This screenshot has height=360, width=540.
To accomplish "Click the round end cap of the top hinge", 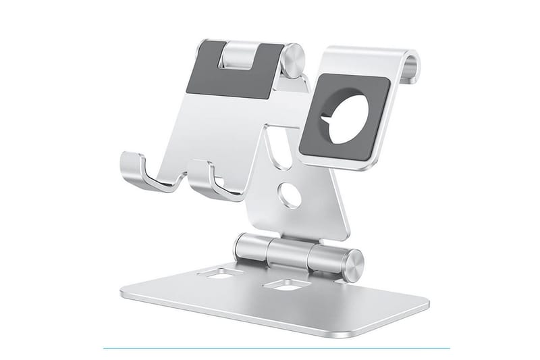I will click(x=293, y=59).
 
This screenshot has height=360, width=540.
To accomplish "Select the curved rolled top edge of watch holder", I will click(x=408, y=64).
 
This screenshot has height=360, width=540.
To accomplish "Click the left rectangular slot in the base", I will click(x=225, y=275).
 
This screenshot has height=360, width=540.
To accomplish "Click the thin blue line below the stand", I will click(x=270, y=349).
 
